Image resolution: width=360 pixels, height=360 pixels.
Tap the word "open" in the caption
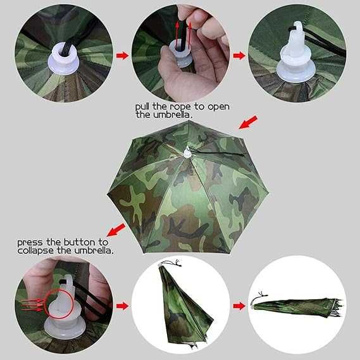pyautogui.click(x=218, y=107)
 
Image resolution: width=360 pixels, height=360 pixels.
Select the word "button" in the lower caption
pyautogui.click(x=80, y=242)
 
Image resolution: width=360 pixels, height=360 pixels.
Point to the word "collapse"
pyautogui.click(x=36, y=251)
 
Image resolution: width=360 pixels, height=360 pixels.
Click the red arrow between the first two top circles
pyautogui.click(x=122, y=56)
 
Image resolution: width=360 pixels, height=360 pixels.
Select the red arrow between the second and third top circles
pyautogui.click(x=239, y=56)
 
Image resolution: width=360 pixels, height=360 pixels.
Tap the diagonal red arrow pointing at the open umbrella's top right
pyautogui.click(x=248, y=122)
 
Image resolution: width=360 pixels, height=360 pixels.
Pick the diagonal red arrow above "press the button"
pyautogui.click(x=116, y=230)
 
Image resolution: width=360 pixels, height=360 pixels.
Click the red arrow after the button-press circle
pyautogui.click(x=122, y=306)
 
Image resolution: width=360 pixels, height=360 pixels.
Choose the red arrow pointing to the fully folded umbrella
pyautogui.click(x=239, y=306)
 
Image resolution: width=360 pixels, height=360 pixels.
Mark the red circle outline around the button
pyautogui.click(x=60, y=304)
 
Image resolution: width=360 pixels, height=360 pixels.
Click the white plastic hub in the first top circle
pyautogui.click(x=64, y=59)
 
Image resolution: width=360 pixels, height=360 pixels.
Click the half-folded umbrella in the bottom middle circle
pyautogui.click(x=185, y=306)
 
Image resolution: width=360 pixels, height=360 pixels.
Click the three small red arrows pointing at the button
pyautogui.click(x=32, y=305)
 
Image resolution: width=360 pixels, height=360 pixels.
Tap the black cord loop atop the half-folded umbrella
pyautogui.click(x=171, y=263)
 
